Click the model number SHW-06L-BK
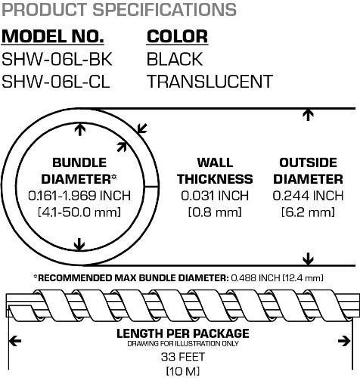point(57,60)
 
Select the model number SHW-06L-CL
point(56,82)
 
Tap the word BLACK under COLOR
point(175,60)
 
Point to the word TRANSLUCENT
point(210,82)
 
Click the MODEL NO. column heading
point(53,36)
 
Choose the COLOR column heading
point(177,36)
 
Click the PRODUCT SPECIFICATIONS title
point(119,10)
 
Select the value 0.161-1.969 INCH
point(79,196)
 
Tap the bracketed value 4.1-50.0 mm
point(79,212)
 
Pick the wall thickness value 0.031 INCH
point(215,196)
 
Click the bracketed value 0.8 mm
point(215,212)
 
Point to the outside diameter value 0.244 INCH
point(308,196)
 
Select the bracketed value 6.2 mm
point(308,212)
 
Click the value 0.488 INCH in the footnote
point(256,278)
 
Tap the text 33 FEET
point(183,357)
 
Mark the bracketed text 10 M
point(183,371)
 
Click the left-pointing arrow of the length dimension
point(15,342)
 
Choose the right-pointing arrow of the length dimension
point(344,342)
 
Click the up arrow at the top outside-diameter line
point(308,115)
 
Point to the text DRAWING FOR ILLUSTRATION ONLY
point(183,344)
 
